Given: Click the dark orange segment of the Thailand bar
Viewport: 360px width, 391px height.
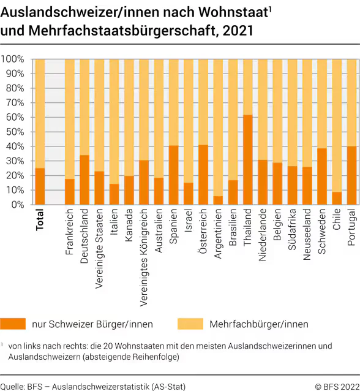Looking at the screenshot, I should pyautogui.click(x=247, y=160).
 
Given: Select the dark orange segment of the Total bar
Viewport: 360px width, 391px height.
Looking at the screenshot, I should pyautogui.click(x=40, y=186).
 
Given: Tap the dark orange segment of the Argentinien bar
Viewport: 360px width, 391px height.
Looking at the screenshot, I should pyautogui.click(x=218, y=200).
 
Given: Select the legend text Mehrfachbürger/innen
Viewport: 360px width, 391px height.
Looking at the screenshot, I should pyautogui.click(x=258, y=324).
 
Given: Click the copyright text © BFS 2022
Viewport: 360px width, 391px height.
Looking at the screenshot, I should pyautogui.click(x=336, y=386).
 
